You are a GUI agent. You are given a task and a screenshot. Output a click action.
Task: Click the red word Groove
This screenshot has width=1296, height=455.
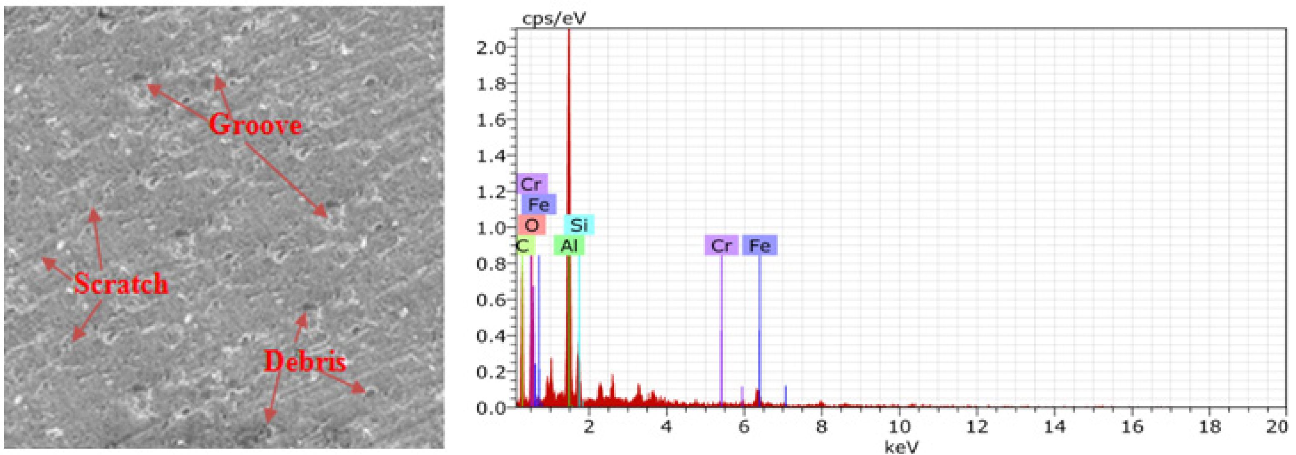point(255,124)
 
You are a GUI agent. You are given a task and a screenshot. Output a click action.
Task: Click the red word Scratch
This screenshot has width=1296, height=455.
point(121,284)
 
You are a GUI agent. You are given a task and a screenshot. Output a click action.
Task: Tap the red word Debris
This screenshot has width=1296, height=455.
point(305,362)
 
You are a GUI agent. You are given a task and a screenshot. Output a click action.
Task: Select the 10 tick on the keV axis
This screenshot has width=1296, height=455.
point(899,427)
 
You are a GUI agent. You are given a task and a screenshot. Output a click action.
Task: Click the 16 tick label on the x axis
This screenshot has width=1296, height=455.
point(1132,427)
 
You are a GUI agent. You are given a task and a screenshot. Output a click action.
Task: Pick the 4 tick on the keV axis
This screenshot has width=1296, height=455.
point(667,427)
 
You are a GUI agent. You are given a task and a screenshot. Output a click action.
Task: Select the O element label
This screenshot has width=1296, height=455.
point(531,225)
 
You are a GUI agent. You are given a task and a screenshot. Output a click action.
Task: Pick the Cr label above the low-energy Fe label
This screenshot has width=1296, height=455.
point(531,184)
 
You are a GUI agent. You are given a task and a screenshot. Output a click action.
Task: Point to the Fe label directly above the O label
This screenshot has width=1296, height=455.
point(538,204)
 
